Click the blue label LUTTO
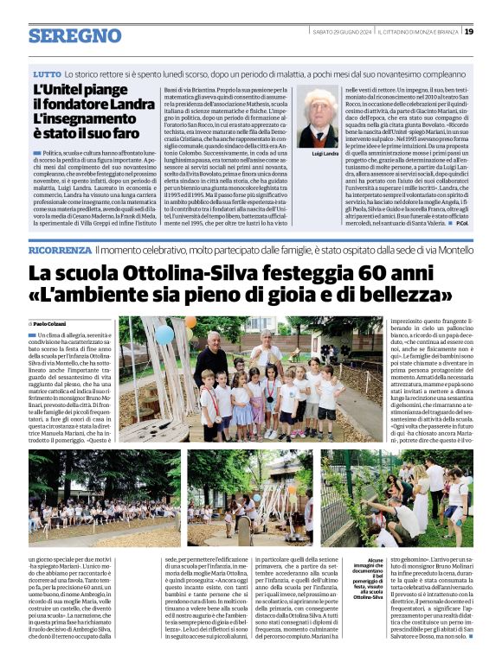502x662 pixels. pos(47,77)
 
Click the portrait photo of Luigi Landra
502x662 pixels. pos(318,118)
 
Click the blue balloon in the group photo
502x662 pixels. pos(164,334)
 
